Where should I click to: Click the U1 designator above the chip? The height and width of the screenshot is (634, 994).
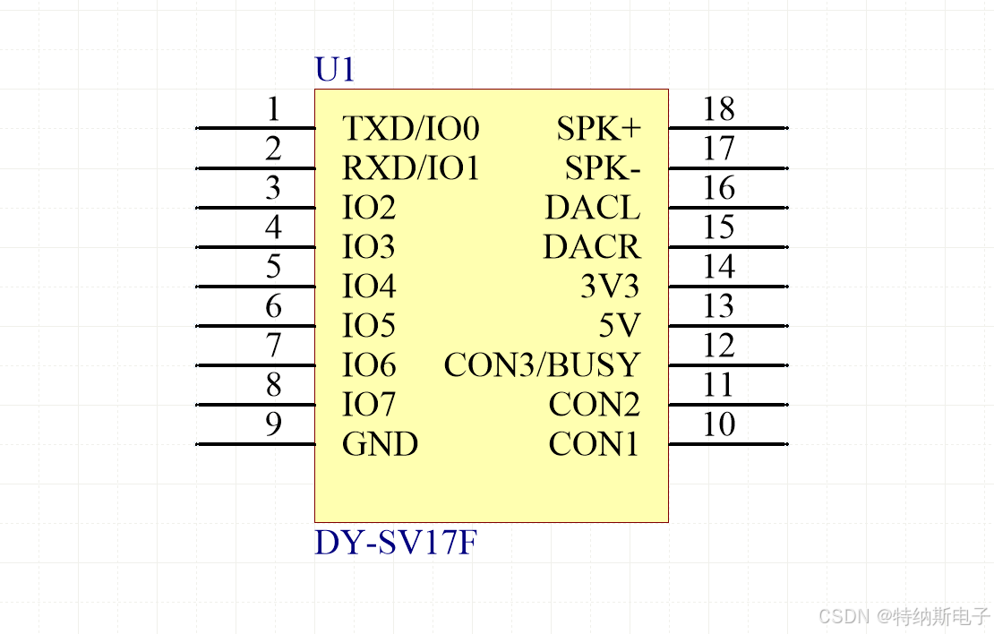(335, 70)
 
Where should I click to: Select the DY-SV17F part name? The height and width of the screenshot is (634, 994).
(395, 543)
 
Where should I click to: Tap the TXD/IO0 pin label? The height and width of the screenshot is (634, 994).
(411, 129)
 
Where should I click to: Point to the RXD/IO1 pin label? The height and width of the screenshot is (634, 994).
(411, 168)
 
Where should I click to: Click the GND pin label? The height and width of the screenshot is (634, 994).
(380, 444)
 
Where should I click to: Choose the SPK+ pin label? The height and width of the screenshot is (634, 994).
(599, 129)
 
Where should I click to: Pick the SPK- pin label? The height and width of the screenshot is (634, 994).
(603, 168)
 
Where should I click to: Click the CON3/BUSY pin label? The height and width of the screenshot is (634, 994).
(543, 365)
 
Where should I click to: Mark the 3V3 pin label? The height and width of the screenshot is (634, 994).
(610, 287)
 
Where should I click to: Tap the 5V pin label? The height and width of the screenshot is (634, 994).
(620, 326)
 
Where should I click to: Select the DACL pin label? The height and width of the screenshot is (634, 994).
(593, 208)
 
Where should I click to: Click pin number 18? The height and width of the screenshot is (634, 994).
(718, 109)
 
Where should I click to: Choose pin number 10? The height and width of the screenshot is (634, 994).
(718, 424)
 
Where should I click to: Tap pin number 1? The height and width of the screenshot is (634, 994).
(274, 109)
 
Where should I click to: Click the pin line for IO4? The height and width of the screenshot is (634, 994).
(255, 287)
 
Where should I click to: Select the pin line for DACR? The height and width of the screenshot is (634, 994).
(728, 247)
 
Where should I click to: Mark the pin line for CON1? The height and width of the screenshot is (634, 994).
(728, 444)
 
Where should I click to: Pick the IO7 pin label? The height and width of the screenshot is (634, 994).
(368, 405)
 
